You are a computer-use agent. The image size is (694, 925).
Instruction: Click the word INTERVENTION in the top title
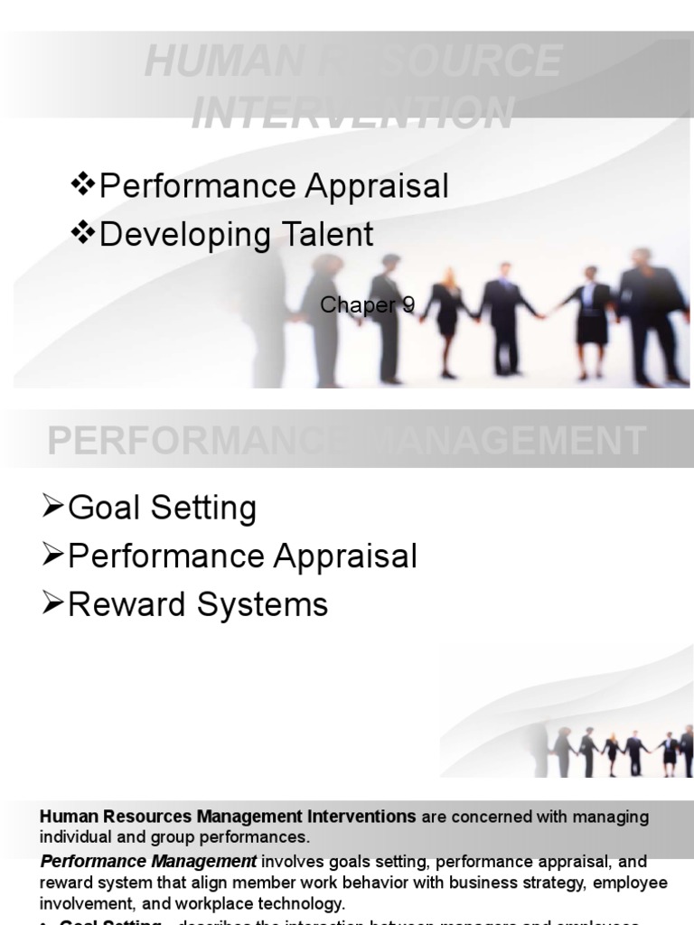pyautogui.click(x=353, y=113)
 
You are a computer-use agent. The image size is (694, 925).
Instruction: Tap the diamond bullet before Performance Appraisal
pyautogui.click(x=83, y=185)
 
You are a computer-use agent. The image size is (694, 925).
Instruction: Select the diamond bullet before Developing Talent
pyautogui.click(x=83, y=233)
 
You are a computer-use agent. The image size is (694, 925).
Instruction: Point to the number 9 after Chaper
pyautogui.click(x=408, y=305)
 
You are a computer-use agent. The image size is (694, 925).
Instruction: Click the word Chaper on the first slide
pyautogui.click(x=359, y=305)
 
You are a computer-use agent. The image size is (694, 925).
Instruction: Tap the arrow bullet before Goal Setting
pyautogui.click(x=53, y=507)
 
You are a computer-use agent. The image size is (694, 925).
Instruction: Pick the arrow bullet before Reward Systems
pyautogui.click(x=53, y=603)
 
